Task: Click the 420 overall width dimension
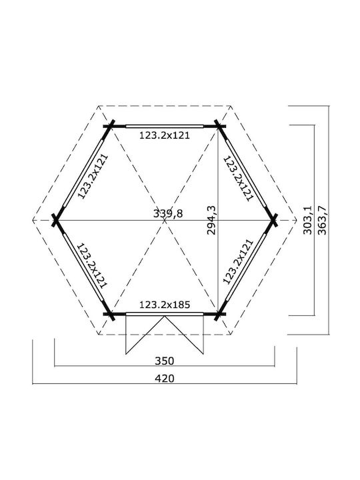coord(165,379)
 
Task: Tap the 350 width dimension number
coord(165,361)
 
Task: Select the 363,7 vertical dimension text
coord(322,221)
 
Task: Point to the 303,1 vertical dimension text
coord(307,221)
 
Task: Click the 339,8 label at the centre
coord(168,213)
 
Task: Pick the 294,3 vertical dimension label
coord(211,221)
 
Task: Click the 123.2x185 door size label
coord(165,305)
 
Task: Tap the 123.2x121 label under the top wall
coord(165,135)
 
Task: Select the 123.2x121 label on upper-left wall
coord(93,177)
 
